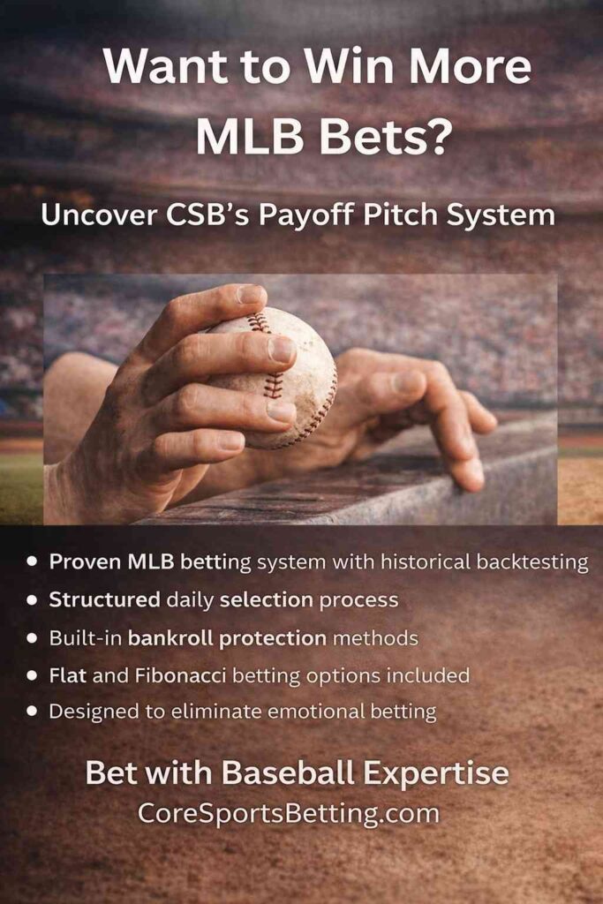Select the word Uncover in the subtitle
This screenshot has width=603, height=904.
click(x=99, y=215)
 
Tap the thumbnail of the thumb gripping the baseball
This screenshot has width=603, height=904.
click(x=249, y=294)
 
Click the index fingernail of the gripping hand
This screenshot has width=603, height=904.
click(x=282, y=350)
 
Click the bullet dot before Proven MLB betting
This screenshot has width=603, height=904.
click(x=33, y=561)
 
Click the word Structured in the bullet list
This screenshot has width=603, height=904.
click(x=104, y=599)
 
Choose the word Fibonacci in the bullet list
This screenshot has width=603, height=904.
click(x=180, y=675)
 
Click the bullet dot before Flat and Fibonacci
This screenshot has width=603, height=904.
click(x=33, y=675)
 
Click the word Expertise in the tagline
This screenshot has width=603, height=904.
click(x=436, y=773)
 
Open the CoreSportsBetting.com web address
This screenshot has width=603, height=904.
click(x=289, y=813)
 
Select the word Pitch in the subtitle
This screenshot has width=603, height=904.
click(x=401, y=215)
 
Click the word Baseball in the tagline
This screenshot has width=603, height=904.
click(x=288, y=772)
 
